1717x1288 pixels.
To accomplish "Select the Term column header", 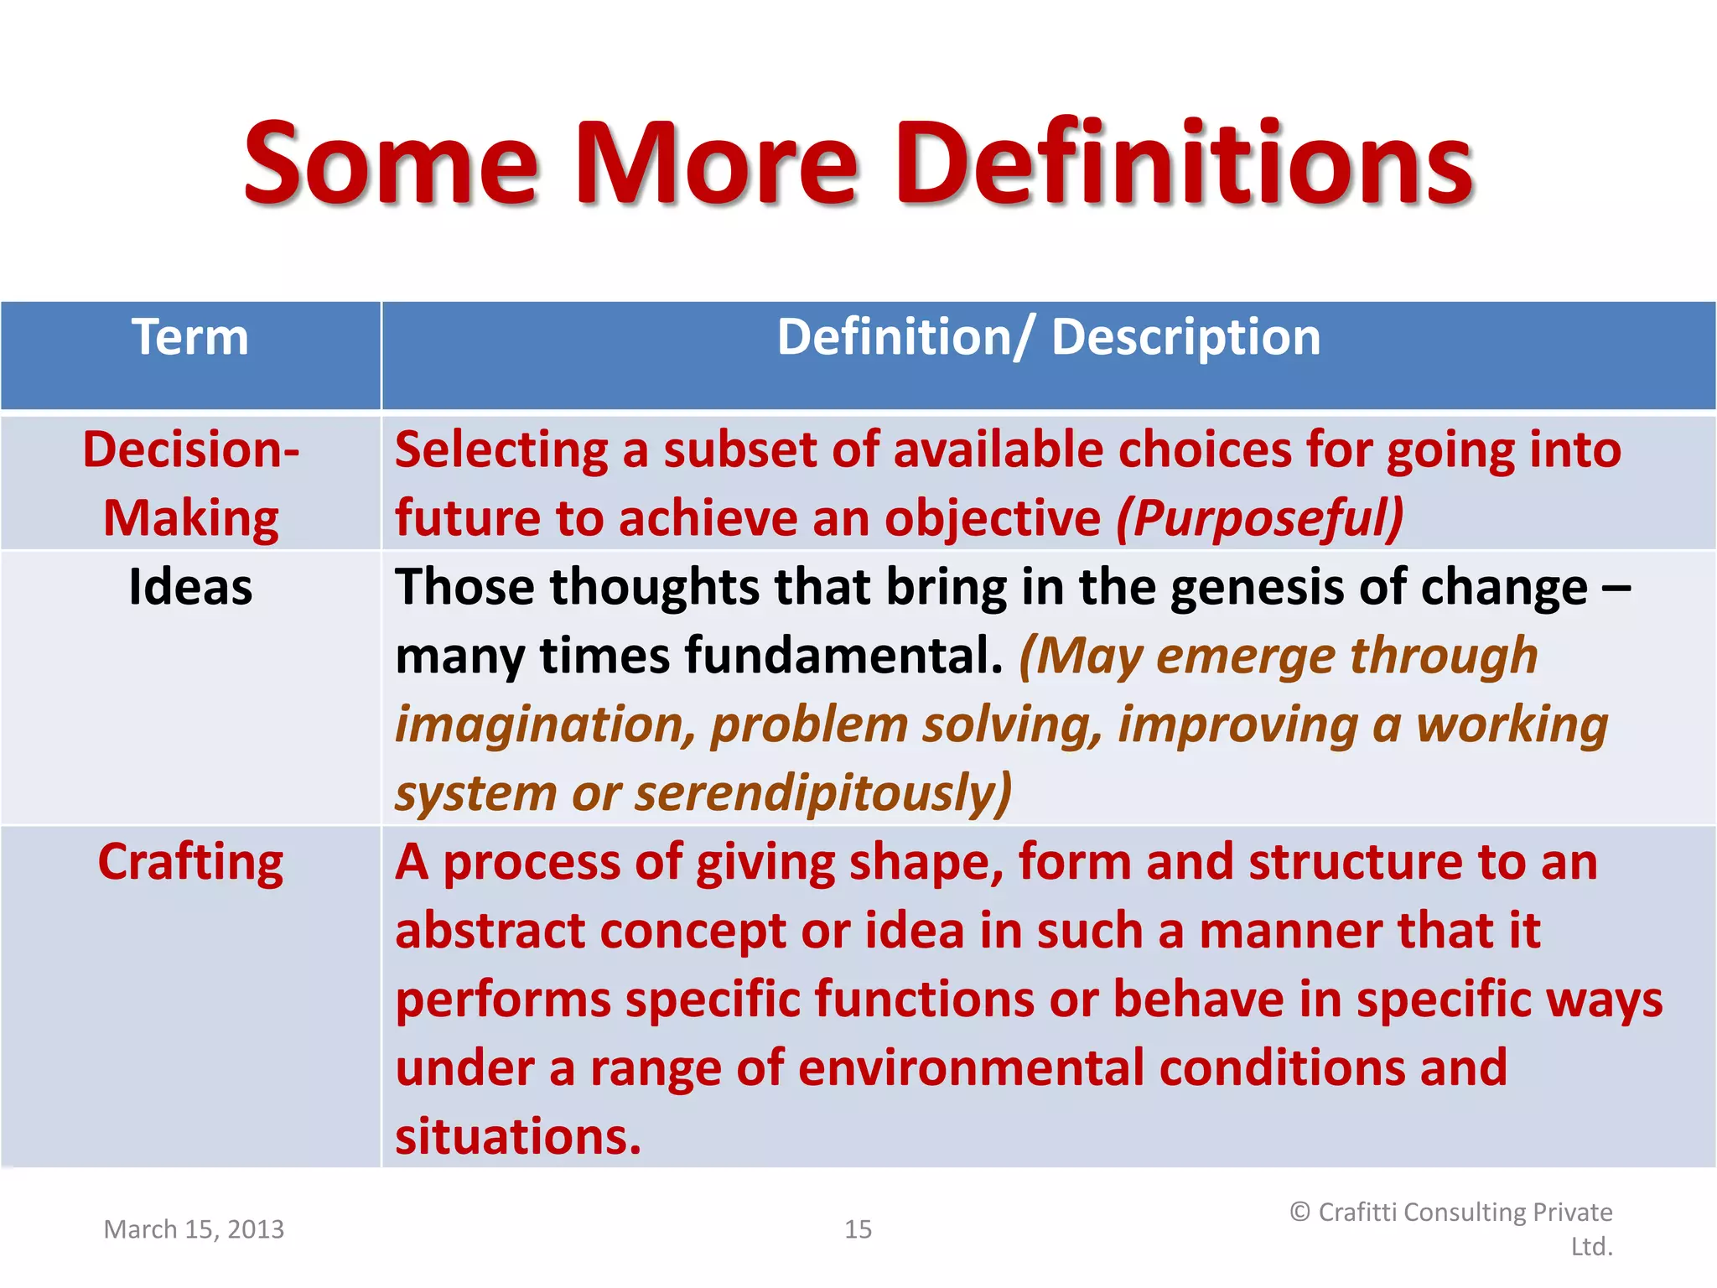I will (190, 338).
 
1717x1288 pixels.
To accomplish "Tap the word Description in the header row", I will (1185, 338).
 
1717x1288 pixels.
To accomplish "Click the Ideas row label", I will (190, 586).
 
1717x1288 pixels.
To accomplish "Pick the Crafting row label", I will (190, 862).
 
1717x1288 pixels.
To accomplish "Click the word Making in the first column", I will (190, 518).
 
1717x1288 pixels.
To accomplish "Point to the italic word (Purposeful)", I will (1259, 518).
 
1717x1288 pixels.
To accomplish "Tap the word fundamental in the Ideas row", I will (843, 656).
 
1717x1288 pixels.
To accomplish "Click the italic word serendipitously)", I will (822, 793).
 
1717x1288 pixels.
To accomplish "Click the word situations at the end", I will (517, 1137).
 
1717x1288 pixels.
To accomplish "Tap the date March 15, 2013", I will (194, 1229).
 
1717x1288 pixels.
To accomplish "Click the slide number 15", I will (858, 1229).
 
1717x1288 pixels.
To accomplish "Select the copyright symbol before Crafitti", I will (1299, 1212).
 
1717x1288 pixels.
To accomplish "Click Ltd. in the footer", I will (1591, 1247).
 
